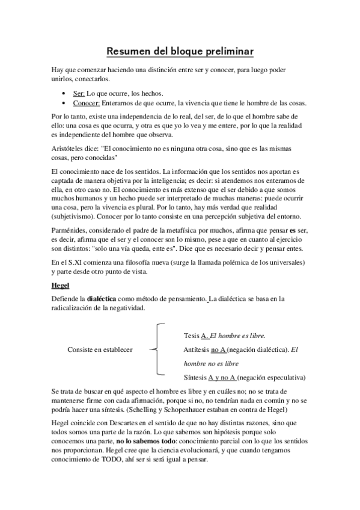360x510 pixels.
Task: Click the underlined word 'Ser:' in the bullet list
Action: (x=79, y=94)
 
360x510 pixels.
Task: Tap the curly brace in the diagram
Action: (x=155, y=349)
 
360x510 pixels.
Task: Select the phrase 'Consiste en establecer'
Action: (x=100, y=349)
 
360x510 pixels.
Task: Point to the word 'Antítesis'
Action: (x=198, y=349)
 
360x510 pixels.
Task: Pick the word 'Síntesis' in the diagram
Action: (x=195, y=378)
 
